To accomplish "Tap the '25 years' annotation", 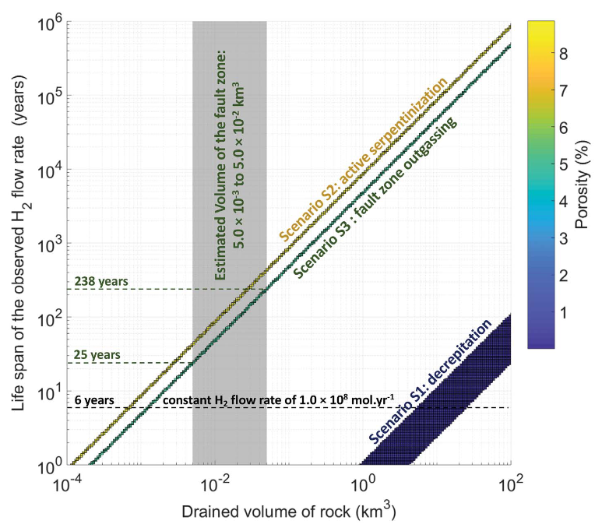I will (97, 355).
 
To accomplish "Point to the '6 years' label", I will (97, 401).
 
